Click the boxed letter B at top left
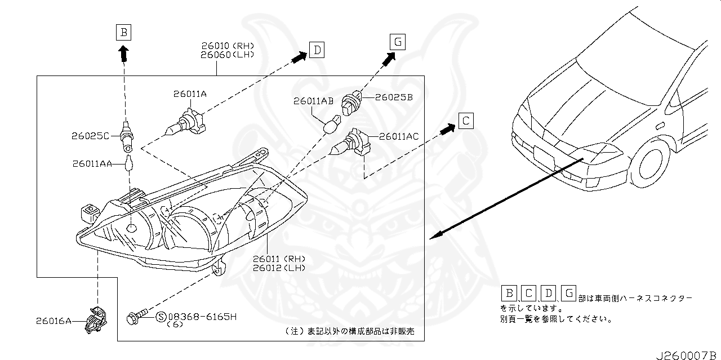point(123,32)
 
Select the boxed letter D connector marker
point(317,51)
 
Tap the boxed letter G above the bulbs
point(397,41)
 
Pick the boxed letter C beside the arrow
point(465,121)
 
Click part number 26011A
point(190,95)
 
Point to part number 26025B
point(394,97)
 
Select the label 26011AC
point(398,136)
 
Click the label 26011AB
point(313,101)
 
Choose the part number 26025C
point(91,136)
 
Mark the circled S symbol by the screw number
point(159,317)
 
